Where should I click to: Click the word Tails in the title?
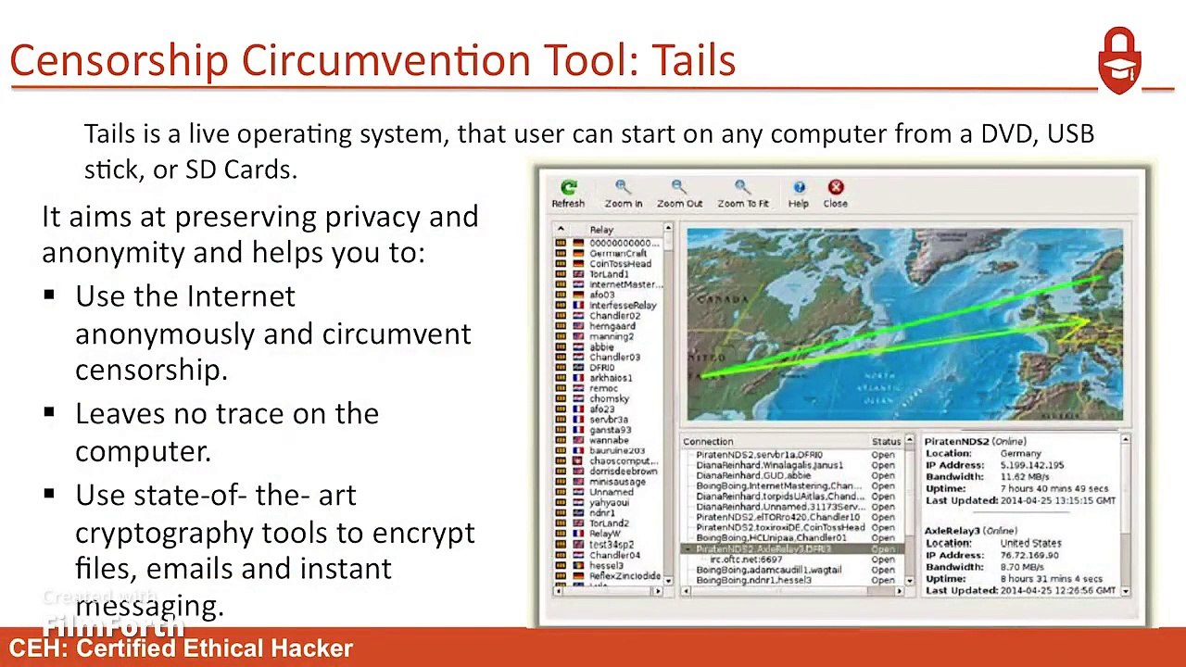[693, 60]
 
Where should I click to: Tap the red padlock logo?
[1119, 60]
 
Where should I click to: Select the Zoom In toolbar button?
[623, 193]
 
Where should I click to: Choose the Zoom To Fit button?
[742, 193]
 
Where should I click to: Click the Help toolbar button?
[799, 193]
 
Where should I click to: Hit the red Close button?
[835, 193]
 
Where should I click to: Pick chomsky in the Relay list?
[609, 399]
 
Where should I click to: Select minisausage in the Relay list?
[617, 482]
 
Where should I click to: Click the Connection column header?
[708, 442]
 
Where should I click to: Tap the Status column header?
[886, 442]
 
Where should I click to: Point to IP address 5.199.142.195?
[1032, 466]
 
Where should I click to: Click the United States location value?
[1030, 543]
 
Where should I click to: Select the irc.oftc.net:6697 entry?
[746, 560]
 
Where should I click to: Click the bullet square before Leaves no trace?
[49, 413]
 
